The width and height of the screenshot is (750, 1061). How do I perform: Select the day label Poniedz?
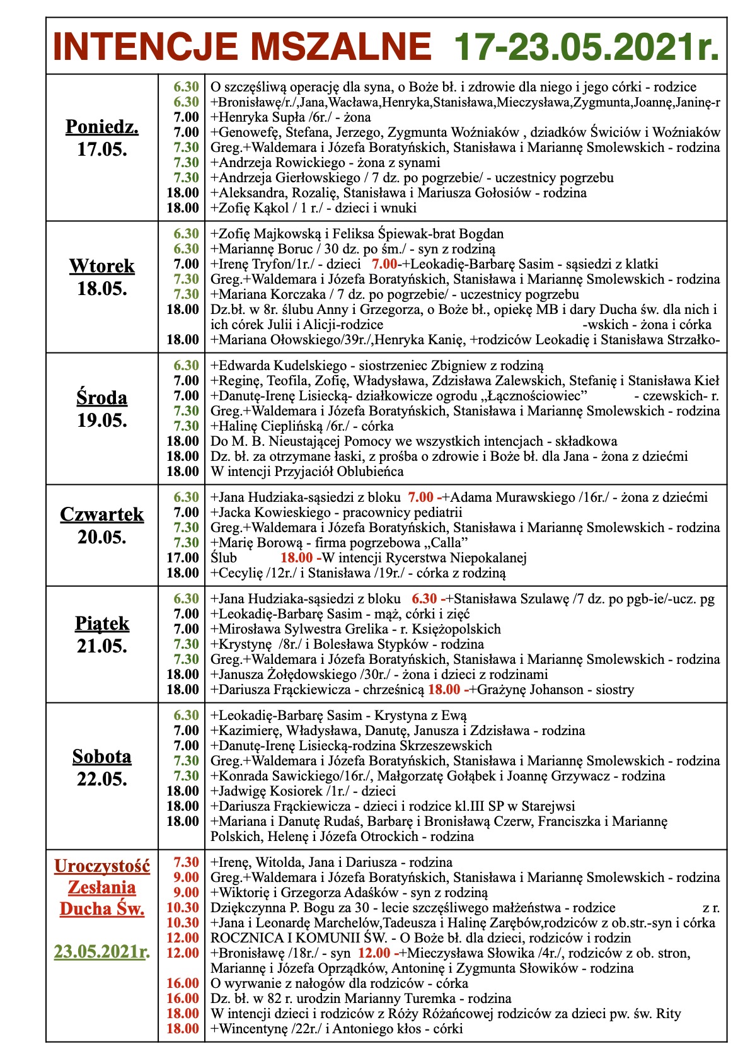(x=102, y=127)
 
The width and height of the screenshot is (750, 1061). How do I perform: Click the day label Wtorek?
(x=102, y=266)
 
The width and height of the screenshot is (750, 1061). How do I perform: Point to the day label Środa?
(x=102, y=398)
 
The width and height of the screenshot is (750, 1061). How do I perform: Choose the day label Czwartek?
(x=102, y=514)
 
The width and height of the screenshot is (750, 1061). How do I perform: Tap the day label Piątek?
(x=102, y=623)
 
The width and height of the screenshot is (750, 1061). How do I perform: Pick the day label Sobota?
(x=102, y=756)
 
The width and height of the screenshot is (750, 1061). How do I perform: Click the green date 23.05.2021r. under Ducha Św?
(x=102, y=951)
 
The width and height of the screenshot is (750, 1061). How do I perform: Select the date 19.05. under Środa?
(x=102, y=420)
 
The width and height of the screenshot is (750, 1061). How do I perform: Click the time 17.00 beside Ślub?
(x=183, y=558)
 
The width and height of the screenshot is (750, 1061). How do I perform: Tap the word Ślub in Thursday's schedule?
(x=224, y=558)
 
